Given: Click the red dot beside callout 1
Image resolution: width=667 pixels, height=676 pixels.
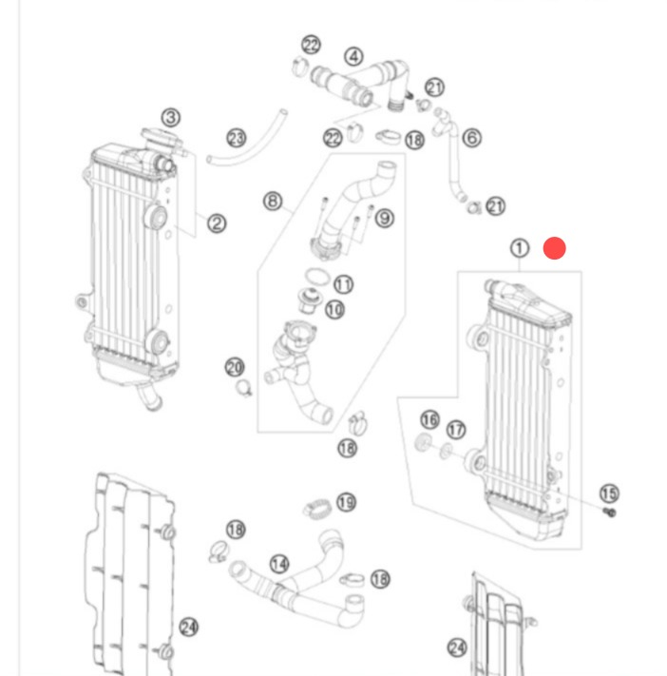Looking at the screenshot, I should pyautogui.click(x=555, y=249).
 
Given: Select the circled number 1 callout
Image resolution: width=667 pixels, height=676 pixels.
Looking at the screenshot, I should pyautogui.click(x=520, y=249).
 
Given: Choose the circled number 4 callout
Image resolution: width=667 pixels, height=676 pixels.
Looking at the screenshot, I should pyautogui.click(x=353, y=57).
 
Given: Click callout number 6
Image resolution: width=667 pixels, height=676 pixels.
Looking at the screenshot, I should pyautogui.click(x=471, y=139).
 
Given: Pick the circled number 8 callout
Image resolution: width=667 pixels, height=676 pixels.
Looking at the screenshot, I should pyautogui.click(x=273, y=201).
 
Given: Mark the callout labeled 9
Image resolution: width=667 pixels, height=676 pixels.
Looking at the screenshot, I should pyautogui.click(x=384, y=219).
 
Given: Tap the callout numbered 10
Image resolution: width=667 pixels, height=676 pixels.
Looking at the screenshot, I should pyautogui.click(x=334, y=309).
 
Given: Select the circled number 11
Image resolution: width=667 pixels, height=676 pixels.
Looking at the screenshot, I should pyautogui.click(x=343, y=284).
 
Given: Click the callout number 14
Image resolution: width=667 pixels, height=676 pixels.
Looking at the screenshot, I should pyautogui.click(x=278, y=564).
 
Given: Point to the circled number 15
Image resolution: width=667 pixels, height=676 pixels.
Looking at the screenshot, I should pyautogui.click(x=609, y=493).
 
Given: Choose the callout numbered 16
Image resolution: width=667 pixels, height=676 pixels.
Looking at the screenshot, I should pyautogui.click(x=429, y=420).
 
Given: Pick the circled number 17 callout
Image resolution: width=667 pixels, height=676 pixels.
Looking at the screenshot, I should pyautogui.click(x=457, y=431).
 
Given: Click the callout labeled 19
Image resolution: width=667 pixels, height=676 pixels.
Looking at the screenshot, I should pyautogui.click(x=345, y=502).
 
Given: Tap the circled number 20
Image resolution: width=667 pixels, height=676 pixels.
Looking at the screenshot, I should pyautogui.click(x=235, y=367).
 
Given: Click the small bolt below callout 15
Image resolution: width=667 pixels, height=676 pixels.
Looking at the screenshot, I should pyautogui.click(x=610, y=512).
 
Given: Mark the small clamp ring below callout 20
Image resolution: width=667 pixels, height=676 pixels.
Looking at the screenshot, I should pyautogui.click(x=244, y=387).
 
